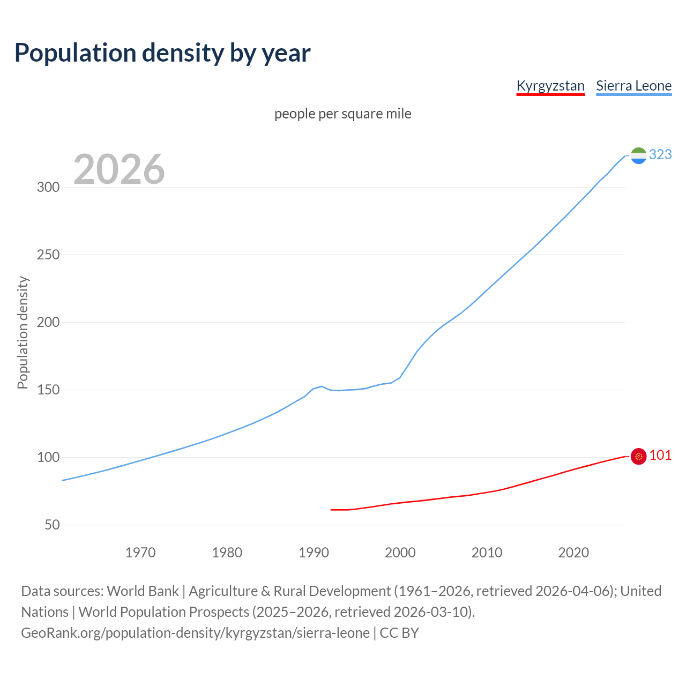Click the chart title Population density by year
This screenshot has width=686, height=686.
(162, 53)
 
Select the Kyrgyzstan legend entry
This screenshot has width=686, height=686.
(550, 86)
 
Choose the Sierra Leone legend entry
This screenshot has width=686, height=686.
(633, 86)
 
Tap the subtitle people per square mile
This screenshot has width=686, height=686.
(342, 114)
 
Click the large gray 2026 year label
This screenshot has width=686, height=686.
(119, 169)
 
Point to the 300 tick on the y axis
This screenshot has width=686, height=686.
(48, 187)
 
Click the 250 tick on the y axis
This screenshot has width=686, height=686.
(48, 255)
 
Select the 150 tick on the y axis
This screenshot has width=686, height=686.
(48, 390)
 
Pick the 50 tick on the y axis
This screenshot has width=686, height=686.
(52, 525)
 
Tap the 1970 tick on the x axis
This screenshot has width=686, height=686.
(140, 552)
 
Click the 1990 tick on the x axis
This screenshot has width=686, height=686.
(314, 552)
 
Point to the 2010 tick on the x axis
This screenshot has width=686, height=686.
(487, 552)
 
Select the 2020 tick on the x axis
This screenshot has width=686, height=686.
(573, 552)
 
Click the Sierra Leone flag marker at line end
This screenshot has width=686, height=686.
(638, 155)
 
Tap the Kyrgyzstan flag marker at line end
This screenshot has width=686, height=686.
(638, 456)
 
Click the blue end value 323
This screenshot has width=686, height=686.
(660, 154)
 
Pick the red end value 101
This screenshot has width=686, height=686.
(660, 455)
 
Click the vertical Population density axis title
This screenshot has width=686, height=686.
(23, 332)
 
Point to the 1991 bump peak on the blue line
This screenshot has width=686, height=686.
(322, 386)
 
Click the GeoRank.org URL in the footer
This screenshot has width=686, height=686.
(196, 633)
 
